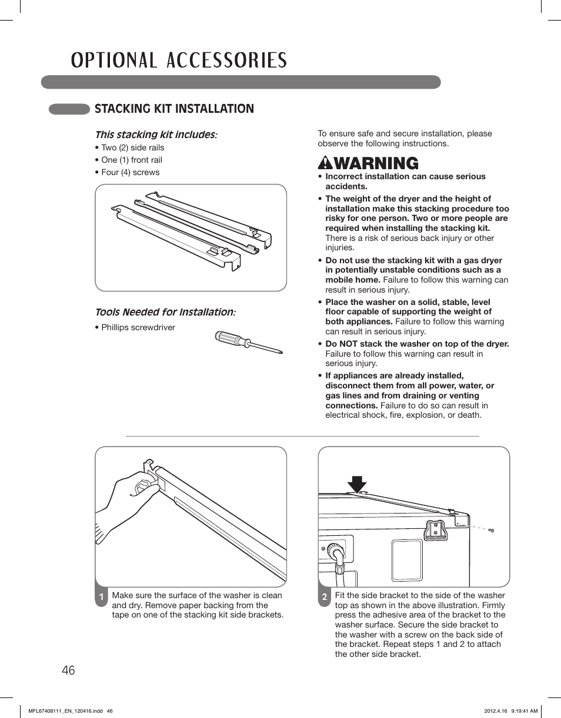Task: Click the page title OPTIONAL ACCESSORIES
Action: click(x=179, y=61)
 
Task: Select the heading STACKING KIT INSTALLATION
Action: click(x=174, y=109)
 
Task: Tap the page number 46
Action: click(x=68, y=670)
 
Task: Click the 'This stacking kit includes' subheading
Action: click(x=155, y=135)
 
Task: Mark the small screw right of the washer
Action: click(x=492, y=531)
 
